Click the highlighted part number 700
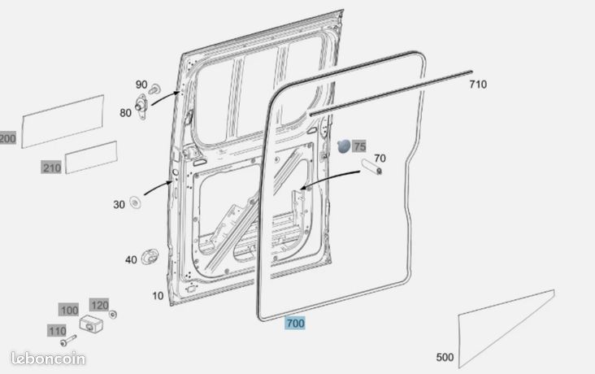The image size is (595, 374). point(295,324)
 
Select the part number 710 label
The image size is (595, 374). point(478,85)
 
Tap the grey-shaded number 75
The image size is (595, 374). point(359,146)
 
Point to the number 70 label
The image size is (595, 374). point(380,158)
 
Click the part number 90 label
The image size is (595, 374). point(141,85)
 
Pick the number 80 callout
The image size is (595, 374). point(126,113)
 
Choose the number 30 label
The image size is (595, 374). point(119,205)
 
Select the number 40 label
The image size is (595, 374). point(131,259)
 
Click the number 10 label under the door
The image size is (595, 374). point(158,296)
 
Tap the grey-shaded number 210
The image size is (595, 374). point(51,167)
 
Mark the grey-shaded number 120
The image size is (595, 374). point(99,305)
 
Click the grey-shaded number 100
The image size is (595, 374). point(69,310)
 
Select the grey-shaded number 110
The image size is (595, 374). point(57,331)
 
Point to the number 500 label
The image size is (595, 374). point(445,357)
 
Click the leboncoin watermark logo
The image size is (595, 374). point(48,359)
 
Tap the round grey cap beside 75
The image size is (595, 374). point(344,146)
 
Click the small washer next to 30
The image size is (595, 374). point(135,202)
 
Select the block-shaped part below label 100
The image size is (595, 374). point(91,324)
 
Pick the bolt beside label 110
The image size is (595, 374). point(68,340)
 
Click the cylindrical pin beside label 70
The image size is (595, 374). point(372,167)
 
